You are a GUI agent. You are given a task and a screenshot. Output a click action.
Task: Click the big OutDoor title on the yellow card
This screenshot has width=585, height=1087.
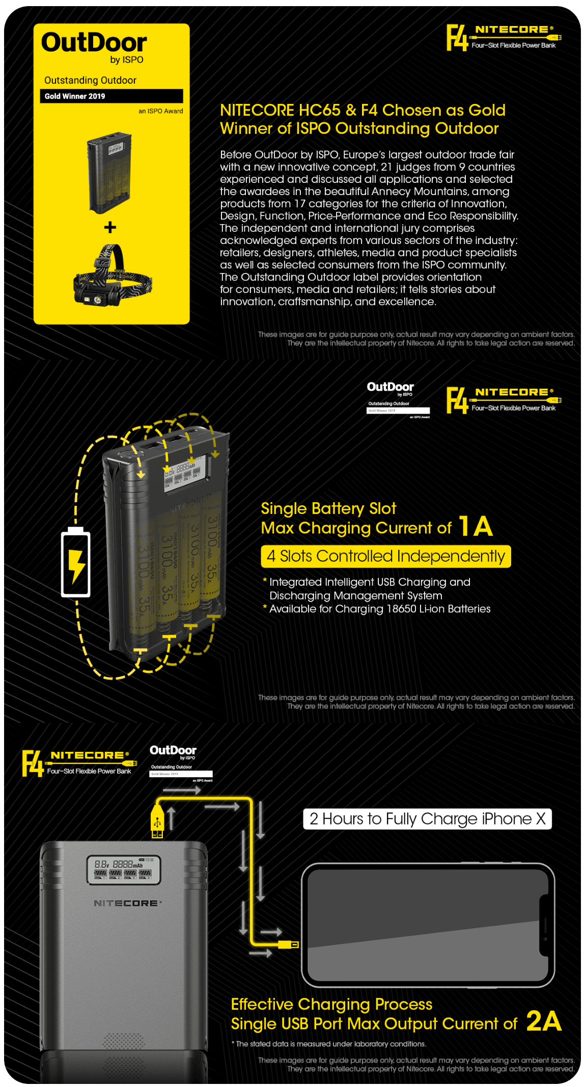94,42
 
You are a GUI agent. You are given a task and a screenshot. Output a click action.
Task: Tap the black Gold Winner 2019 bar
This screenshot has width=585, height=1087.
111,96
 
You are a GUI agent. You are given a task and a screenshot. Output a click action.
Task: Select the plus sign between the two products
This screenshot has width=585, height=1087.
110,228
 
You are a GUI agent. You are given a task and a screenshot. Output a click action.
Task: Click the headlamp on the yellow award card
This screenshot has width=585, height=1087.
112,278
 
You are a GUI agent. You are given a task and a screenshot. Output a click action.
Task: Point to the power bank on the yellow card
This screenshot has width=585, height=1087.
109,172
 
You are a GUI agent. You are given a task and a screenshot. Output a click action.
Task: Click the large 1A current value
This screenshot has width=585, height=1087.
476,526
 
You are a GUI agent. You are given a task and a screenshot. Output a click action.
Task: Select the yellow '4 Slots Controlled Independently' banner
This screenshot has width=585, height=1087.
385,556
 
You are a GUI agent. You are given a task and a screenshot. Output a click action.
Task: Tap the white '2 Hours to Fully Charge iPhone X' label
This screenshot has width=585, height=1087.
427,819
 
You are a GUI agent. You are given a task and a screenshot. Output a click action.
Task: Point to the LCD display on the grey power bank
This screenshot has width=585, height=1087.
124,869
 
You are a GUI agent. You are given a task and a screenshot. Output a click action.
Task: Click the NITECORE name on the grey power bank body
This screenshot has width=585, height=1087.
127,903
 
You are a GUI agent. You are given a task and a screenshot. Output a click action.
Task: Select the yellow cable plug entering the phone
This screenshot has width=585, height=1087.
289,945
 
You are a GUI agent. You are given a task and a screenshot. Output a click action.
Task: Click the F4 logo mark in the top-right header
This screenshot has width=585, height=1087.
457,38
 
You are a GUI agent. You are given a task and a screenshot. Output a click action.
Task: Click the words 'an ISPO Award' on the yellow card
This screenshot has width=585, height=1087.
160,111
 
